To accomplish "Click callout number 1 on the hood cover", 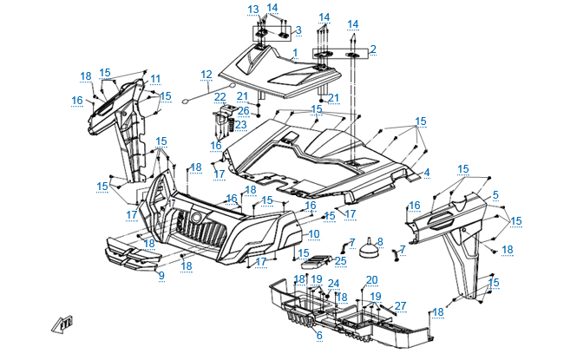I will click(294, 53).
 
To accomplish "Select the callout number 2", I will click(372, 49).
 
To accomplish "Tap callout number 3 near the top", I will click(298, 29).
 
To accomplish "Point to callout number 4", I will click(426, 173).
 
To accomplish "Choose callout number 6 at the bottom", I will click(318, 335).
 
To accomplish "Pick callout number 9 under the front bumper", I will click(161, 275).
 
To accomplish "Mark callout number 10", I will click(313, 234).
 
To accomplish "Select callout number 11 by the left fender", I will click(155, 79).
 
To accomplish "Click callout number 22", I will click(220, 96).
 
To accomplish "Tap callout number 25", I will click(340, 259).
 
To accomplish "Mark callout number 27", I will click(400, 304).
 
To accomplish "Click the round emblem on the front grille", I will click(197, 217).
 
